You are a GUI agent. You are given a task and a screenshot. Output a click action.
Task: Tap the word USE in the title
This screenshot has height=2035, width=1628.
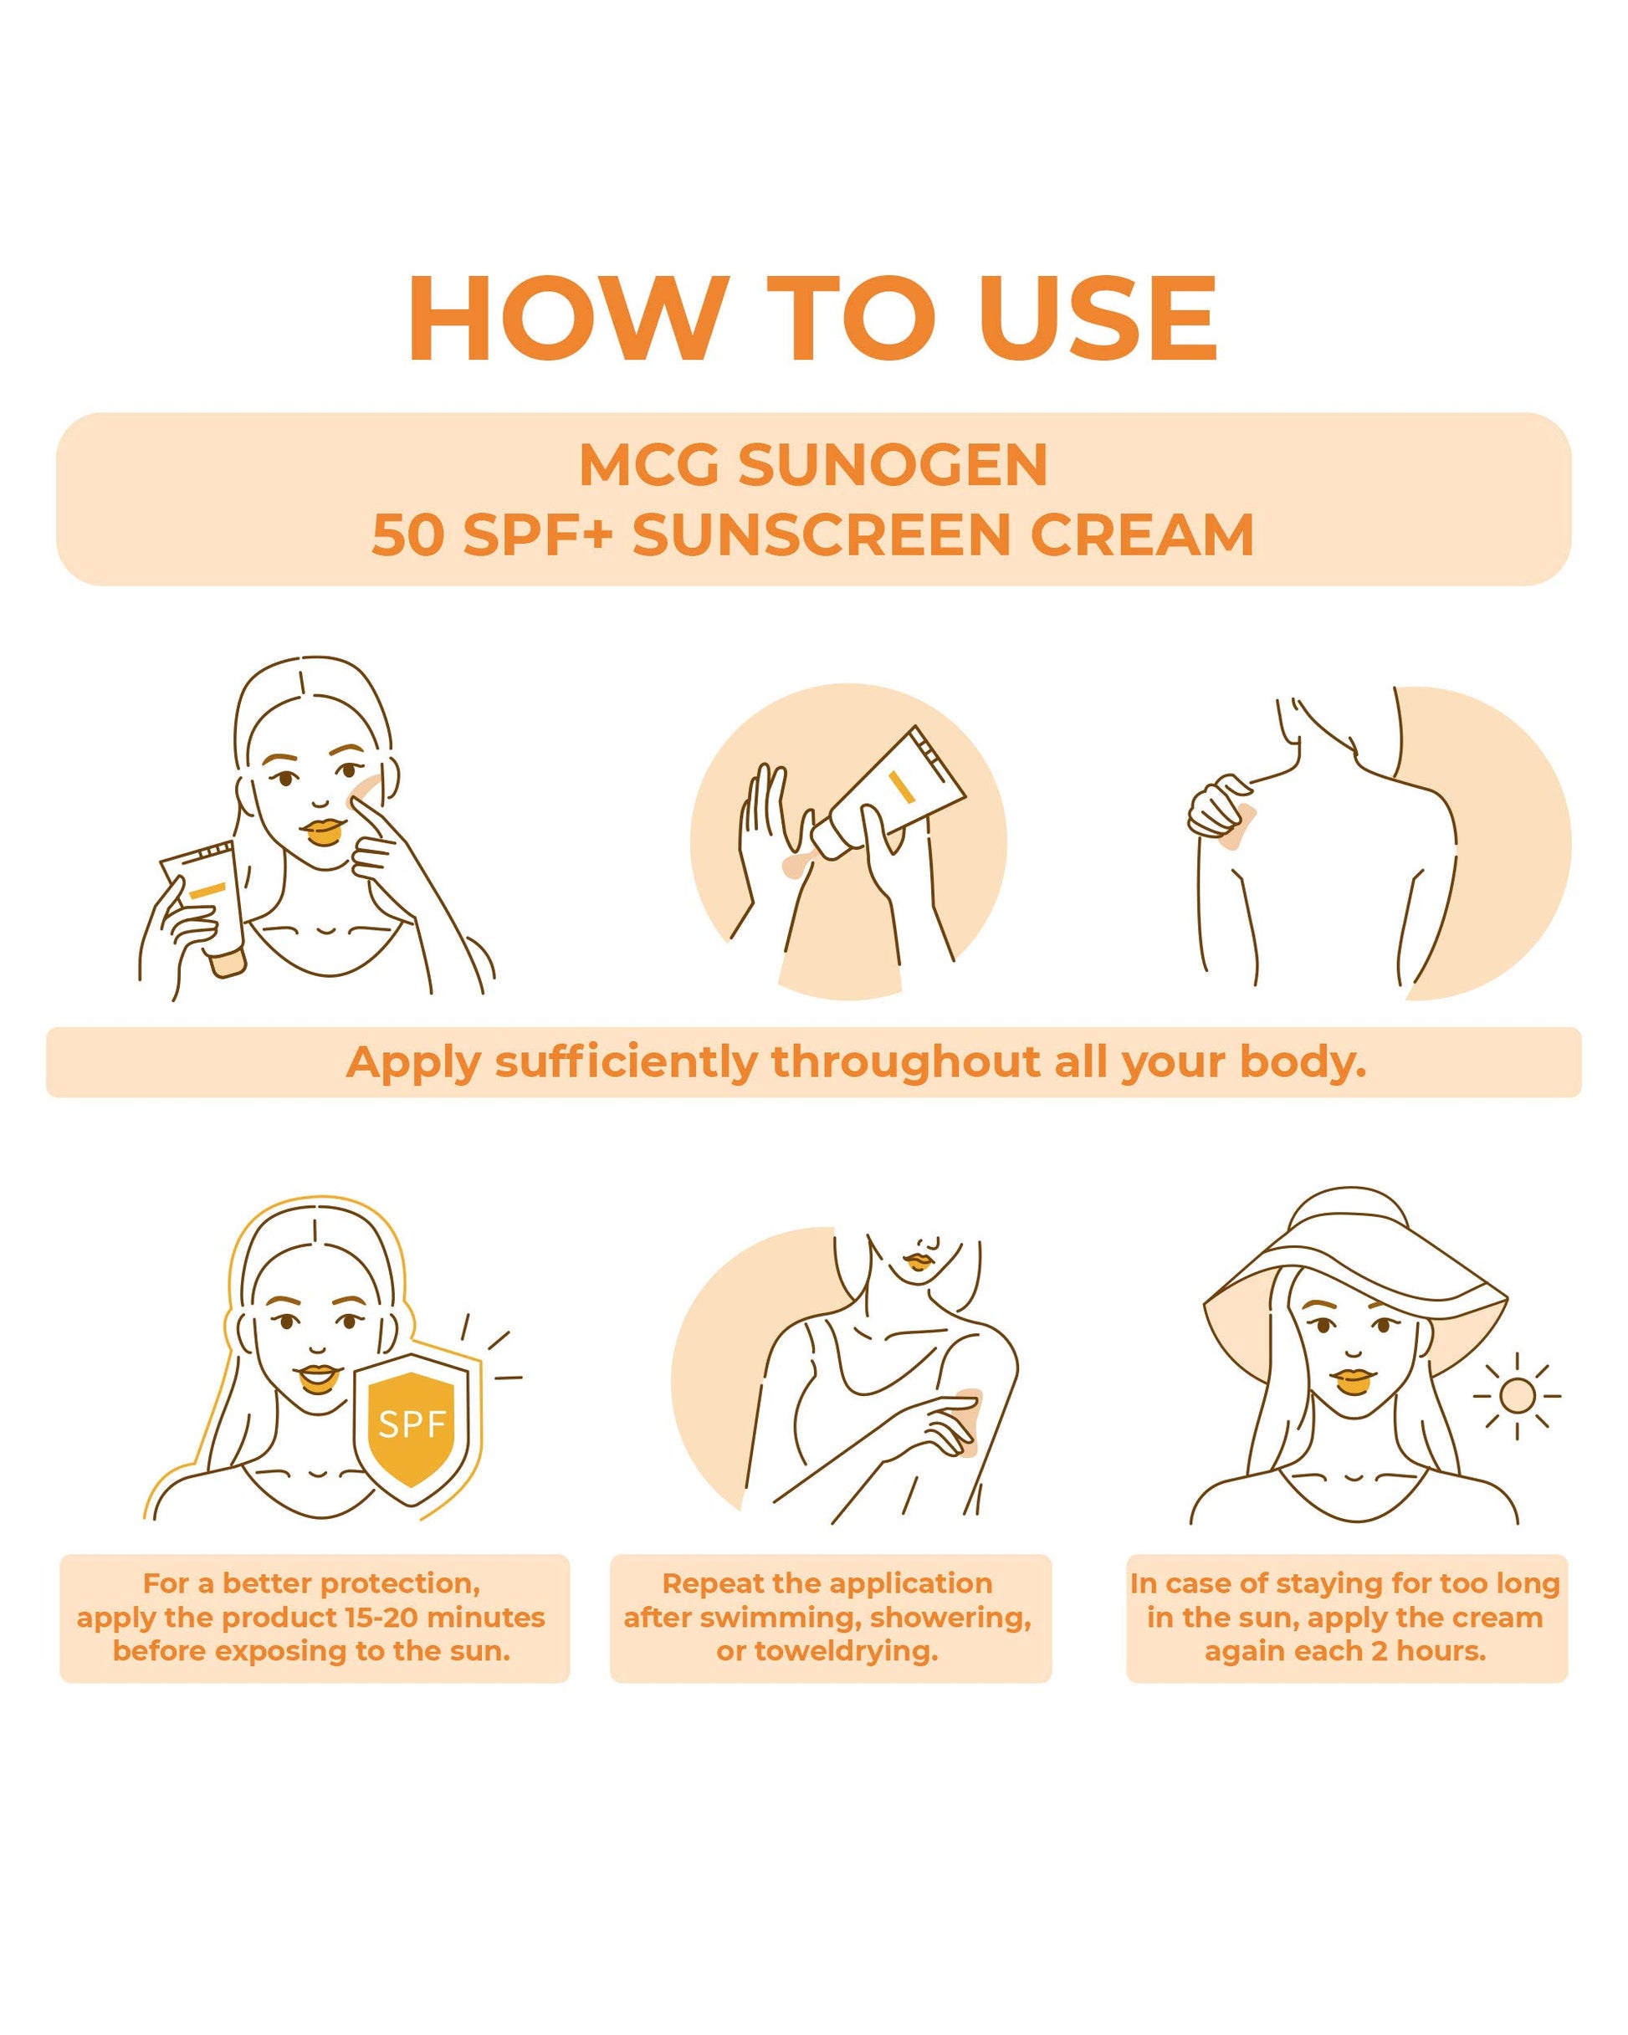tap(1098, 318)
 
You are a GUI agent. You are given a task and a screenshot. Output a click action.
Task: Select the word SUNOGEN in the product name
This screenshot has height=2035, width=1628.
tap(892, 465)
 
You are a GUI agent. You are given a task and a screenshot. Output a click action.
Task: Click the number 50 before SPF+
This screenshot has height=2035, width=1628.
tap(407, 535)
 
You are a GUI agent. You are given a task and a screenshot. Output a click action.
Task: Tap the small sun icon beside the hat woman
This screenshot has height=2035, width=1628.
tap(1517, 1395)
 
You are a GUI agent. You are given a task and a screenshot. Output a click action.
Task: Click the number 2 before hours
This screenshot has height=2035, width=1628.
tap(1379, 1651)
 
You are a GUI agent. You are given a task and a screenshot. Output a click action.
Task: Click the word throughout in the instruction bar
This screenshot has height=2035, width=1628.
tap(905, 1062)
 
